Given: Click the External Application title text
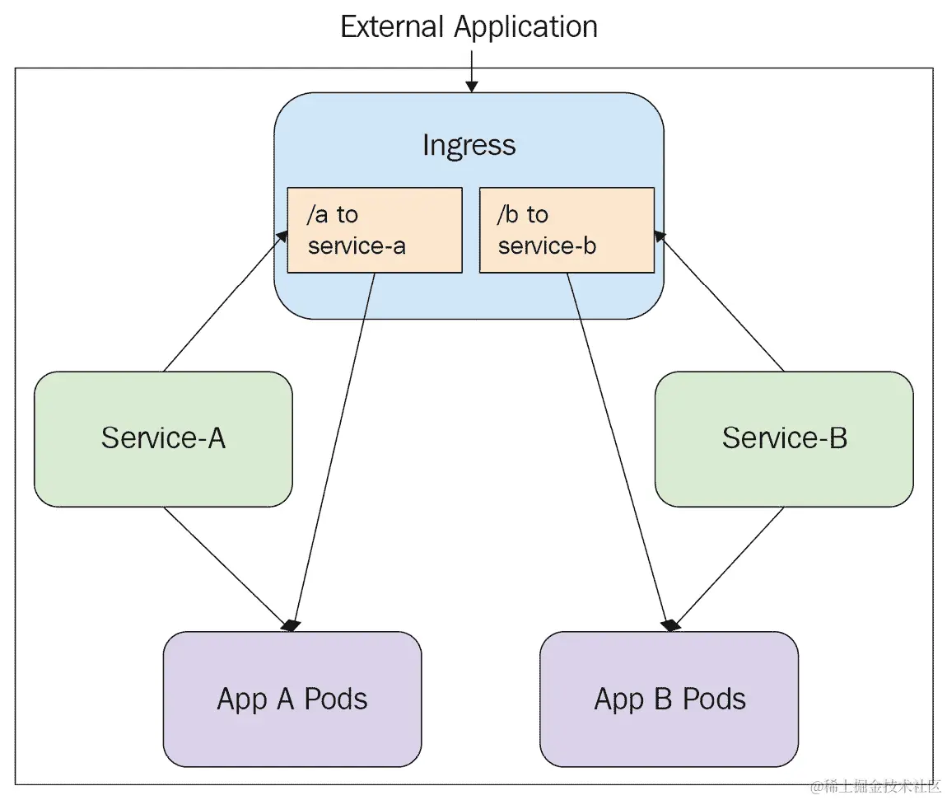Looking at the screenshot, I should [x=469, y=27].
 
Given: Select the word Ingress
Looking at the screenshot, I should [x=469, y=145].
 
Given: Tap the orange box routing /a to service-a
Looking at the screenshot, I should [x=374, y=230].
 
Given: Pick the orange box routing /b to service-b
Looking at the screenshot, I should [x=567, y=230].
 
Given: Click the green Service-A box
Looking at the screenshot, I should [x=163, y=438].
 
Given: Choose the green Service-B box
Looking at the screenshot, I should [x=784, y=438].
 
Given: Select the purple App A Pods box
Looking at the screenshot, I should [x=292, y=699].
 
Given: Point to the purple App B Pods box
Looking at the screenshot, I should [x=669, y=699].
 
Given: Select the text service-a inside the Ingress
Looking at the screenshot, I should [x=357, y=246].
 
